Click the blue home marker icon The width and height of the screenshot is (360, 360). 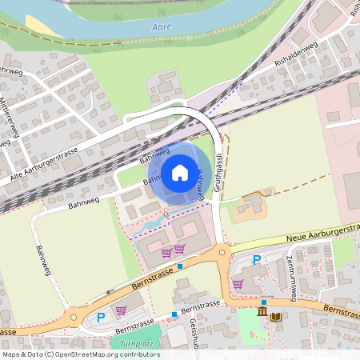180,172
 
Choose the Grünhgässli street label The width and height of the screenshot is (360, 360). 217,172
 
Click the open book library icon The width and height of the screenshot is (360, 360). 276,318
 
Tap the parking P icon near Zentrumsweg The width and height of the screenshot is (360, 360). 257,260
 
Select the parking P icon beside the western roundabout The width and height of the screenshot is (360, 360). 101,318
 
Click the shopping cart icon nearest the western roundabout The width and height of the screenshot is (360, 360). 121,310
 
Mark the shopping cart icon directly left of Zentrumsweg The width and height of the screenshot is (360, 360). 238,283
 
